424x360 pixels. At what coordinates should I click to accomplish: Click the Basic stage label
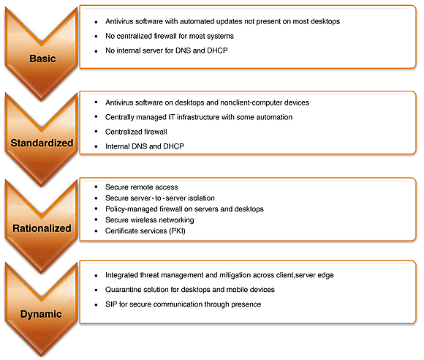42,59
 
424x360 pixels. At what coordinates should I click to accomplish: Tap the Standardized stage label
42,143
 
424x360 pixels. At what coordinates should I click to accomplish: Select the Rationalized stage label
42,228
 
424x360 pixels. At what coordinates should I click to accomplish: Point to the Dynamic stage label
41,314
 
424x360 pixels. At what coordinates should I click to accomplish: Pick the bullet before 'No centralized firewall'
96,37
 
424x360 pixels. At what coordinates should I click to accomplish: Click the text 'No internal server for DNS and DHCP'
167,50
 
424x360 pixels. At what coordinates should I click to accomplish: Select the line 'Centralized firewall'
136,132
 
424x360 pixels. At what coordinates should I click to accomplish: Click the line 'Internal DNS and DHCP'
145,146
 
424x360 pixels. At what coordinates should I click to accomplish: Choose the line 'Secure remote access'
142,187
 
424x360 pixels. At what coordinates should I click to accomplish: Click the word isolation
202,198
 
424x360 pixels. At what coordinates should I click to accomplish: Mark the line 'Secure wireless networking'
150,220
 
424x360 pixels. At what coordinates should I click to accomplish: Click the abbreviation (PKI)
177,231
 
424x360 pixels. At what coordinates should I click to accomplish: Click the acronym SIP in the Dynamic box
111,304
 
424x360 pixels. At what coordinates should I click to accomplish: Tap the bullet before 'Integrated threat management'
96,276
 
